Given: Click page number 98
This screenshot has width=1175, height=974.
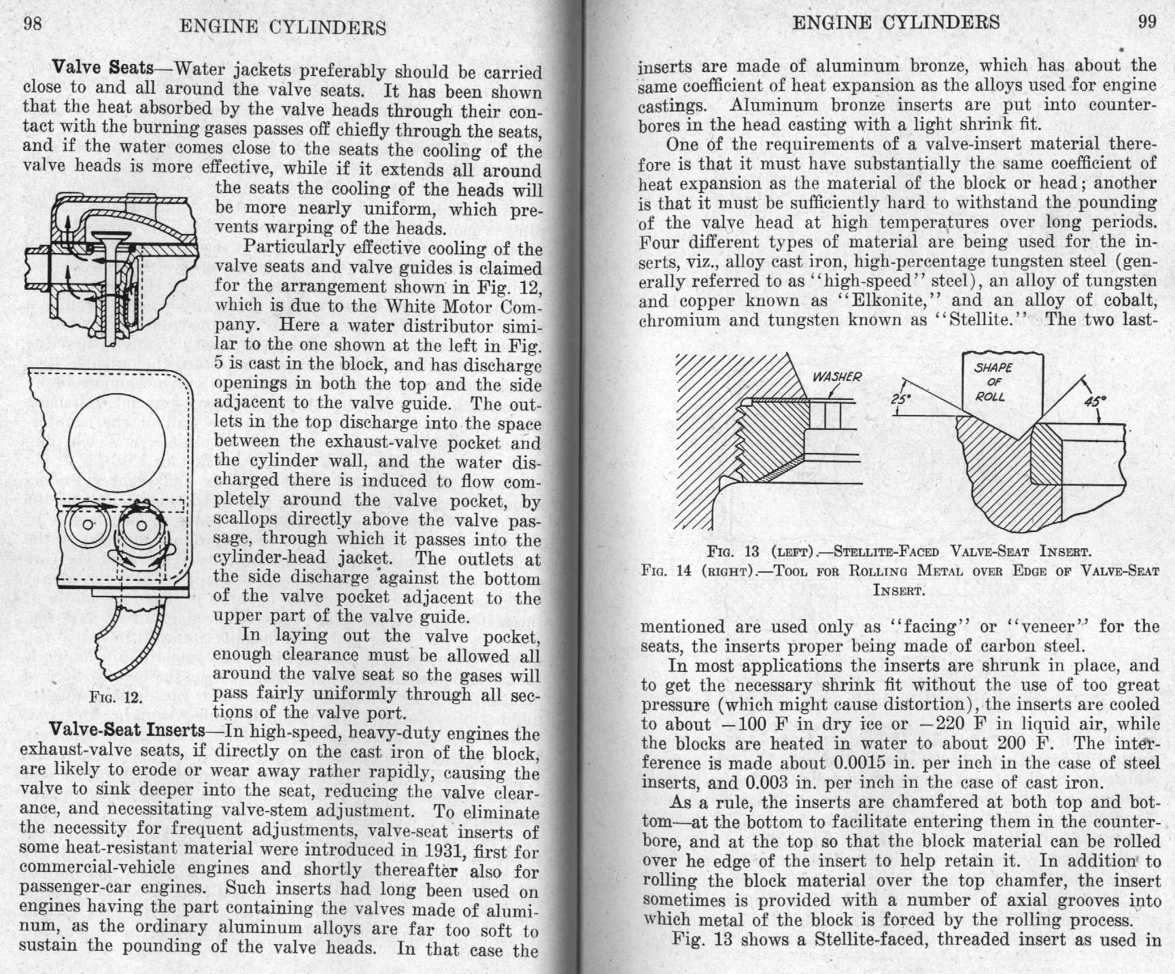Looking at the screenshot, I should (x=33, y=24).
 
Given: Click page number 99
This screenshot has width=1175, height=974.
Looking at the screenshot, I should (x=1147, y=22).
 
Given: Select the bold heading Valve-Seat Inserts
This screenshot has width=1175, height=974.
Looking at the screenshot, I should (x=127, y=730).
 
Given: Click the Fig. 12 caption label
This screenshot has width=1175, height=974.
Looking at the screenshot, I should (x=115, y=697).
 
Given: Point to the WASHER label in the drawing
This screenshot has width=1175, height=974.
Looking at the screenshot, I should (x=836, y=377).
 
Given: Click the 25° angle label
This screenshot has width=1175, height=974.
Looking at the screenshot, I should (x=900, y=400).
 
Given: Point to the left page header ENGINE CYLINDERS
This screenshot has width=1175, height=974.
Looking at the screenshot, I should (x=282, y=27).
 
